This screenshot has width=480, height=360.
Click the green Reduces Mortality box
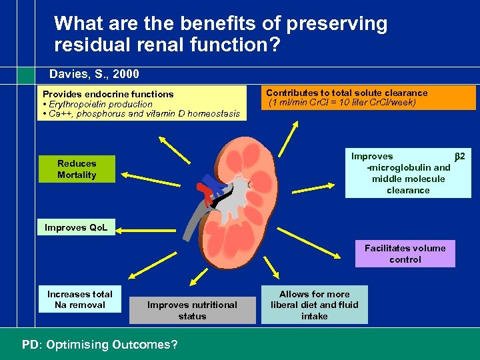click(x=77, y=169)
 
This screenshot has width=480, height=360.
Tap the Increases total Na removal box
click(x=79, y=300)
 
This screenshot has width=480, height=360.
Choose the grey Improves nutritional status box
click(x=192, y=311)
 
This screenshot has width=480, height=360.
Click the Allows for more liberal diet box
click(x=314, y=305)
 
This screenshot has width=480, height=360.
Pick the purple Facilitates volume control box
click(x=405, y=253)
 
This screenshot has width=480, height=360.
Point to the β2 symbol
click(x=459, y=156)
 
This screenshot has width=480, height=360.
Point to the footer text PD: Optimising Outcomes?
click(x=99, y=345)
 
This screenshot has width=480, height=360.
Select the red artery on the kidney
click(x=211, y=194)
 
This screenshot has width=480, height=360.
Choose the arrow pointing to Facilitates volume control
click(x=320, y=235)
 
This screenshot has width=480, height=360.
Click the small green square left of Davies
click(x=25, y=75)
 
